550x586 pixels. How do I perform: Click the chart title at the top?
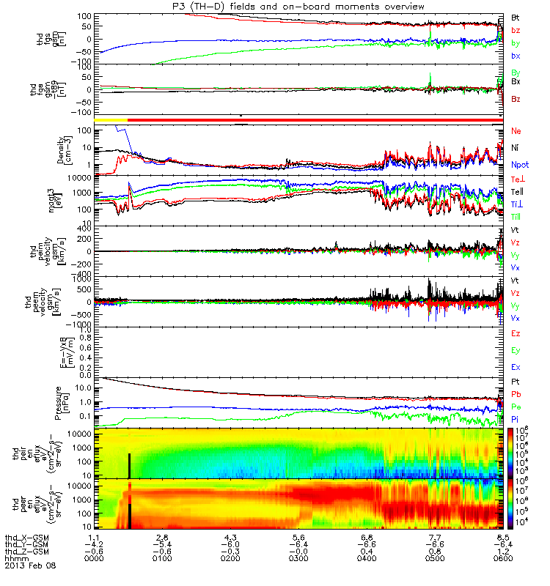point(296,7)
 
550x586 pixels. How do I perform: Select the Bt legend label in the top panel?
point(516,16)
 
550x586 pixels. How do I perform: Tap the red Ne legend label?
point(516,131)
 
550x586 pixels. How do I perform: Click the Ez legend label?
point(516,333)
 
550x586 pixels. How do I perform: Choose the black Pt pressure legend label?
point(516,382)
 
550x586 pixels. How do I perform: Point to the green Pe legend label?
point(516,407)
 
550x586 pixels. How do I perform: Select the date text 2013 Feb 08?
point(30,565)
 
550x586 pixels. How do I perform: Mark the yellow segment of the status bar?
point(111,119)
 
